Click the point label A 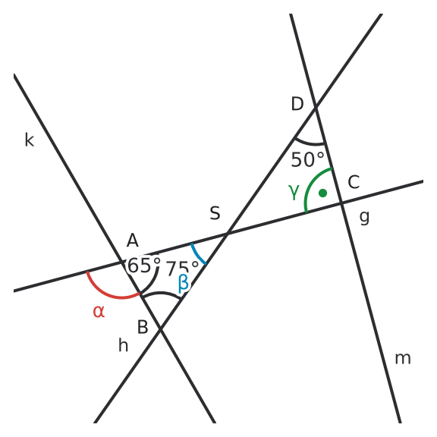(132, 241)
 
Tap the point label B (143, 327)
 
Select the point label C (354, 182)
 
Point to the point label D (297, 104)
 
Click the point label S (215, 213)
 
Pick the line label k (30, 140)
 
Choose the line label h (123, 344)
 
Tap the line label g (364, 218)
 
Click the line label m (403, 359)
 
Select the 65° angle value (144, 265)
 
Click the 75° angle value (182, 268)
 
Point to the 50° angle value (307, 159)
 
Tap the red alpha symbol (99, 312)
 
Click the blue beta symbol (183, 283)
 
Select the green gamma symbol (294, 192)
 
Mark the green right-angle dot (322, 193)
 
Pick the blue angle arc (197, 255)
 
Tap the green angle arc (312, 183)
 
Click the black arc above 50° (310, 143)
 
